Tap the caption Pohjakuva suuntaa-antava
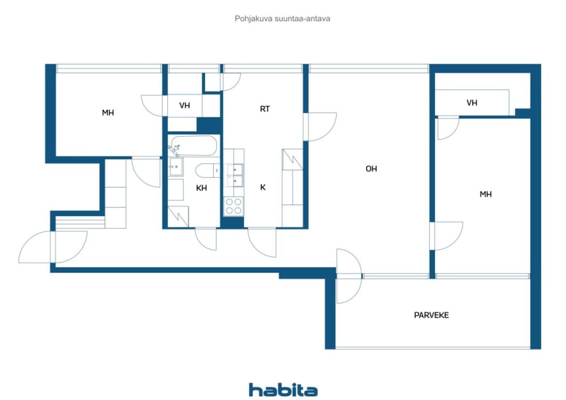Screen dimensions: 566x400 click(x=282, y=19)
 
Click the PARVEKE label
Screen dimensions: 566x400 click(x=431, y=315)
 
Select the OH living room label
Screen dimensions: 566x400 click(x=371, y=169)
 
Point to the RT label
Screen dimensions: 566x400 click(x=265, y=109)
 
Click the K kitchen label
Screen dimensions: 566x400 click(x=263, y=187)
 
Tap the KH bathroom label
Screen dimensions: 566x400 click(x=201, y=188)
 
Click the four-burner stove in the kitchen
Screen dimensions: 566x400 click(x=233, y=206)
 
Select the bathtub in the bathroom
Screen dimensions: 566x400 click(x=193, y=146)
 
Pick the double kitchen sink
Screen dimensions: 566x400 click(x=234, y=175)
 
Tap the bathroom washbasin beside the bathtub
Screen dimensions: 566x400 click(x=176, y=167)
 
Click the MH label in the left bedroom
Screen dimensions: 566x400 click(x=108, y=113)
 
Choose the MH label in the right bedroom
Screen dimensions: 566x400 click(x=486, y=194)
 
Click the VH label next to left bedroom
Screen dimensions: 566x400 click(x=184, y=105)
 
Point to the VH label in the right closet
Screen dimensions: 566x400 click(x=472, y=103)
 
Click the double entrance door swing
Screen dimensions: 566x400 click(x=53, y=247)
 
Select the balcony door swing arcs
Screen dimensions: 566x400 click(x=349, y=276)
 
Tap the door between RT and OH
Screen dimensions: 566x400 click(x=320, y=127)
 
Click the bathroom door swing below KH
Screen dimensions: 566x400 click(x=206, y=239)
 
